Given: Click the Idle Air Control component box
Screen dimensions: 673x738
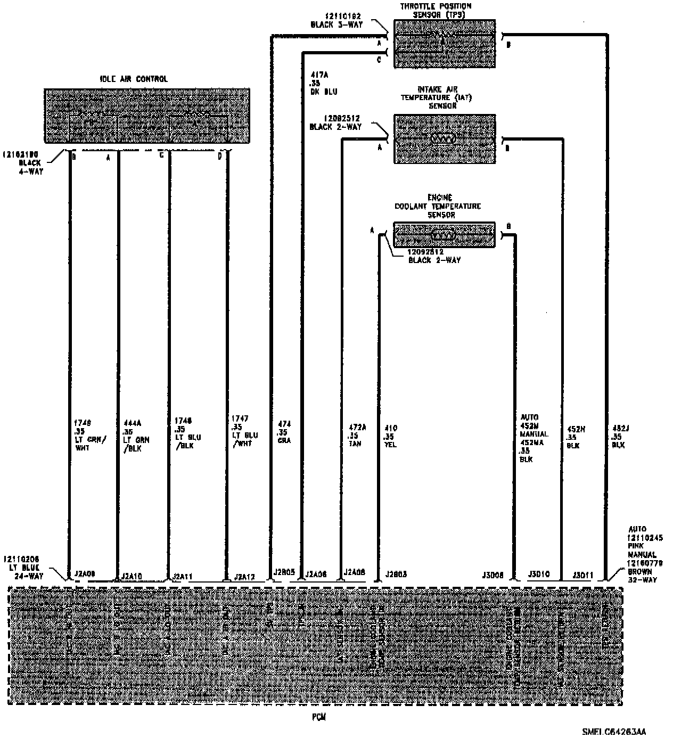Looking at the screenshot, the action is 147,116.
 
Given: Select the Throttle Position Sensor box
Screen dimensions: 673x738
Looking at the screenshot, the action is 444,44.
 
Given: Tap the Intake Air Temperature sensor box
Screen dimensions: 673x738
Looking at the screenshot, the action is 444,138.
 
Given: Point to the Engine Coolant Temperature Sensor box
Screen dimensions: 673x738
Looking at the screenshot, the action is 444,235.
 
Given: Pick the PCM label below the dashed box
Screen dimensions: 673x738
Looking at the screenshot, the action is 318,717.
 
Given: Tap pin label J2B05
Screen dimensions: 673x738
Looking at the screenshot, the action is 284,572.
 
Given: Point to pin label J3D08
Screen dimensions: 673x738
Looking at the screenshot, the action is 493,575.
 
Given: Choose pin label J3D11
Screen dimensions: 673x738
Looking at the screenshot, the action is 583,575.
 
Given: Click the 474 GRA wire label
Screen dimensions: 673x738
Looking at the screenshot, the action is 284,432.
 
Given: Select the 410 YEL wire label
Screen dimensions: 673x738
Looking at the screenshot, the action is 390,436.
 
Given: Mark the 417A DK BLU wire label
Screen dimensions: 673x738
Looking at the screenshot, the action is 323,84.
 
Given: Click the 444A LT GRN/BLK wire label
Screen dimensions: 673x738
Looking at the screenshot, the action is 136,436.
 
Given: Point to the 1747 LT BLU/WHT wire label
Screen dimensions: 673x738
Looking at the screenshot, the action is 244,431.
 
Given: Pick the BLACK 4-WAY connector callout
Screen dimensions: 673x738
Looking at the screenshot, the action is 31,162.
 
